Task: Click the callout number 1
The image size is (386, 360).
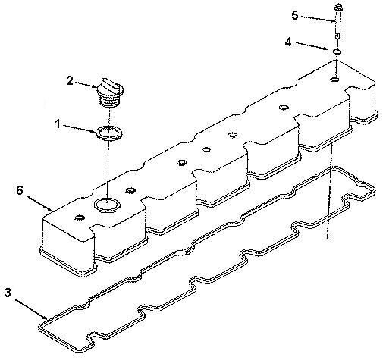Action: click(58, 124)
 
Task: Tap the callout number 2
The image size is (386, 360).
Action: click(70, 81)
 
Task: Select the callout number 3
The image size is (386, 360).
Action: click(8, 293)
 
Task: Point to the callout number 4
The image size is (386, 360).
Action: click(288, 42)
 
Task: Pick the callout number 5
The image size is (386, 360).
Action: click(295, 16)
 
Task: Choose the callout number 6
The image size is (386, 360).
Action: click(20, 190)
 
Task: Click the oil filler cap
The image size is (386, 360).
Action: click(110, 92)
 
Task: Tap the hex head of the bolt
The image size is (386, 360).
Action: click(338, 8)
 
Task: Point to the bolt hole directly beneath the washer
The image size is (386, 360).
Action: click(335, 80)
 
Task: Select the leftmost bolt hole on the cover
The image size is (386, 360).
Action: click(80, 218)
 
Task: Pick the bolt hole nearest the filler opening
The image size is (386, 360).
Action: click(130, 190)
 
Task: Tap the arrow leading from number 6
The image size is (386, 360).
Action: click(39, 203)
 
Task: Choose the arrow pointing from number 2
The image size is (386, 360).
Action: click(86, 85)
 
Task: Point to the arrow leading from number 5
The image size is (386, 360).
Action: click(319, 19)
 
